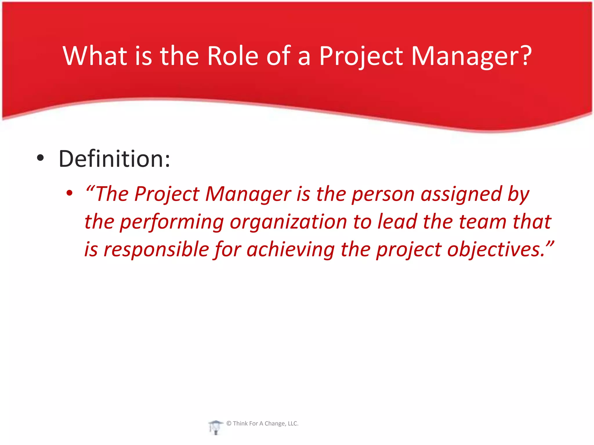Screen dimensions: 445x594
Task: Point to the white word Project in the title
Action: tap(361, 56)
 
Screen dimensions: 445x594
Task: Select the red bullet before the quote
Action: tap(69, 193)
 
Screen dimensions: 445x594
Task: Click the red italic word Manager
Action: tap(248, 194)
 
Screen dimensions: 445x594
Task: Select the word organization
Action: tap(288, 222)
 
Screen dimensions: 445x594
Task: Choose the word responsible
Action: tap(156, 249)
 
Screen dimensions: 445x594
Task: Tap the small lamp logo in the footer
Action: tap(215, 427)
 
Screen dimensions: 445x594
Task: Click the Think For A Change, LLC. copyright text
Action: tap(262, 424)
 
